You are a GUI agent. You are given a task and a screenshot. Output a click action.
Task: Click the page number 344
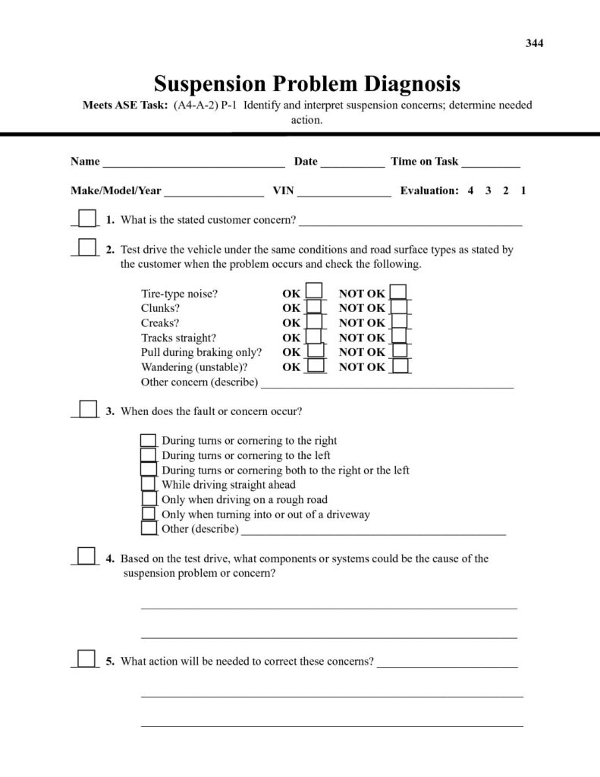535,43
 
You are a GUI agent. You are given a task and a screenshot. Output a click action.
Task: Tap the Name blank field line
193,162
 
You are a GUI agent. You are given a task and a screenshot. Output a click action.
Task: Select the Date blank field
352,162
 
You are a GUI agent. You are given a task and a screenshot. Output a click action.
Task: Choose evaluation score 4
470,191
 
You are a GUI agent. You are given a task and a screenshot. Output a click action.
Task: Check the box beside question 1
88,219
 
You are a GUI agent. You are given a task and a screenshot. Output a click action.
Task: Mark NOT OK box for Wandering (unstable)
400,366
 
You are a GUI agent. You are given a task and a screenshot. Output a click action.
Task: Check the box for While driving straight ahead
149,483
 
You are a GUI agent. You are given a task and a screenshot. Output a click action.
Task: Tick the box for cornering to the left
149,455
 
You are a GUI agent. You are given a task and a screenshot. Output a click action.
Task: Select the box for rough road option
149,499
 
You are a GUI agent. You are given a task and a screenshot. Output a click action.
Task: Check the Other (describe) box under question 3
149,527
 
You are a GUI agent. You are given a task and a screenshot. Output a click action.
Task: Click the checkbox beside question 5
87,659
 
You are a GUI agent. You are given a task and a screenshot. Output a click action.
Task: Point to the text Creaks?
160,323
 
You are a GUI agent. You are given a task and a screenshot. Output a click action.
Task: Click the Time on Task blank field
491,162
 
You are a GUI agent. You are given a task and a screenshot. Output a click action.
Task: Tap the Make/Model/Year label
116,191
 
